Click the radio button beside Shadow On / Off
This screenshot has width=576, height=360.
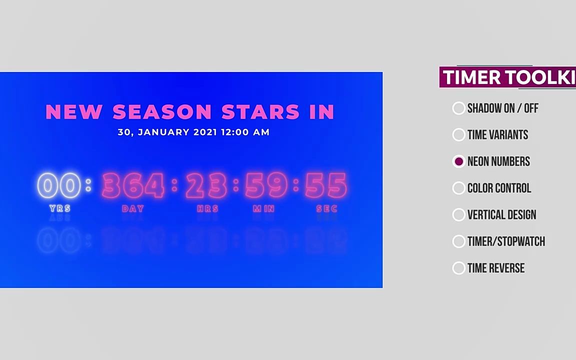point(459,108)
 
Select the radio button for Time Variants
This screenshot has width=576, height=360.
point(459,135)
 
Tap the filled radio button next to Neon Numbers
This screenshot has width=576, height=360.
point(459,161)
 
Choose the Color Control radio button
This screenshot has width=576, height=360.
point(459,188)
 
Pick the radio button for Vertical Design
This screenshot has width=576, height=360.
point(459,214)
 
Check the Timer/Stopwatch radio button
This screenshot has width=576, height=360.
point(459,241)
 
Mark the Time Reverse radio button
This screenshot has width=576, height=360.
point(459,268)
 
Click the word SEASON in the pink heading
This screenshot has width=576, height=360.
point(162,111)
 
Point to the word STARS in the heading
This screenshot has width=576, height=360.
point(260,111)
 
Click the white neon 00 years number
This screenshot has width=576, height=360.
point(59,185)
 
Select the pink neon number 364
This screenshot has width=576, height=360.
point(133,185)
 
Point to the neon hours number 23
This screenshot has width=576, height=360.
point(207,185)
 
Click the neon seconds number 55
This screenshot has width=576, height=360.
point(326,185)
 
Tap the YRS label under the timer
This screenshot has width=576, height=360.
point(60,208)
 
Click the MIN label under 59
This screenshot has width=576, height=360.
point(264,208)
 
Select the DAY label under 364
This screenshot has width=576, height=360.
point(133,208)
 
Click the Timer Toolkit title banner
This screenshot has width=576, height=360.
point(507,77)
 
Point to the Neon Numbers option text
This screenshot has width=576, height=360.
point(498,161)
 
